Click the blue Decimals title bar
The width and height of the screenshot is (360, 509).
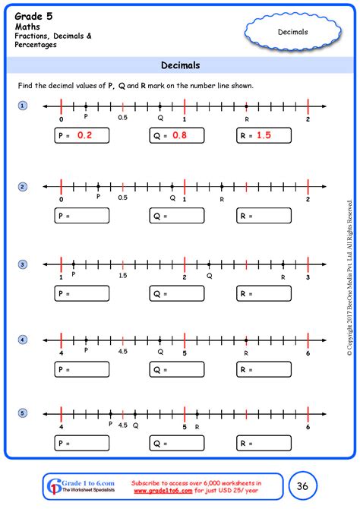click(180, 65)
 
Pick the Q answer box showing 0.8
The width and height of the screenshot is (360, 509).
click(177, 135)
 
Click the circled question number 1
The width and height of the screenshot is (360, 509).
click(23, 106)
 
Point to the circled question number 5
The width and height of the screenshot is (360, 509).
click(23, 413)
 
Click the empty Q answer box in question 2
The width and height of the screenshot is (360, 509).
click(177, 217)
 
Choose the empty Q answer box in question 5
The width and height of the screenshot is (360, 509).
click(177, 443)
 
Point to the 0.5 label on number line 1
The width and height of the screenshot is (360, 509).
click(122, 118)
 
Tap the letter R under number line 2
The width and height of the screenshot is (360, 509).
click(222, 198)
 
